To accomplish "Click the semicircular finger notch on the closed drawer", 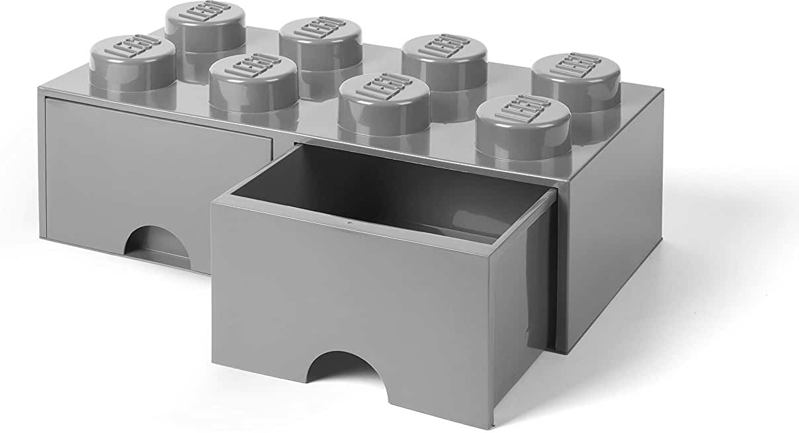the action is pos(157,246).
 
